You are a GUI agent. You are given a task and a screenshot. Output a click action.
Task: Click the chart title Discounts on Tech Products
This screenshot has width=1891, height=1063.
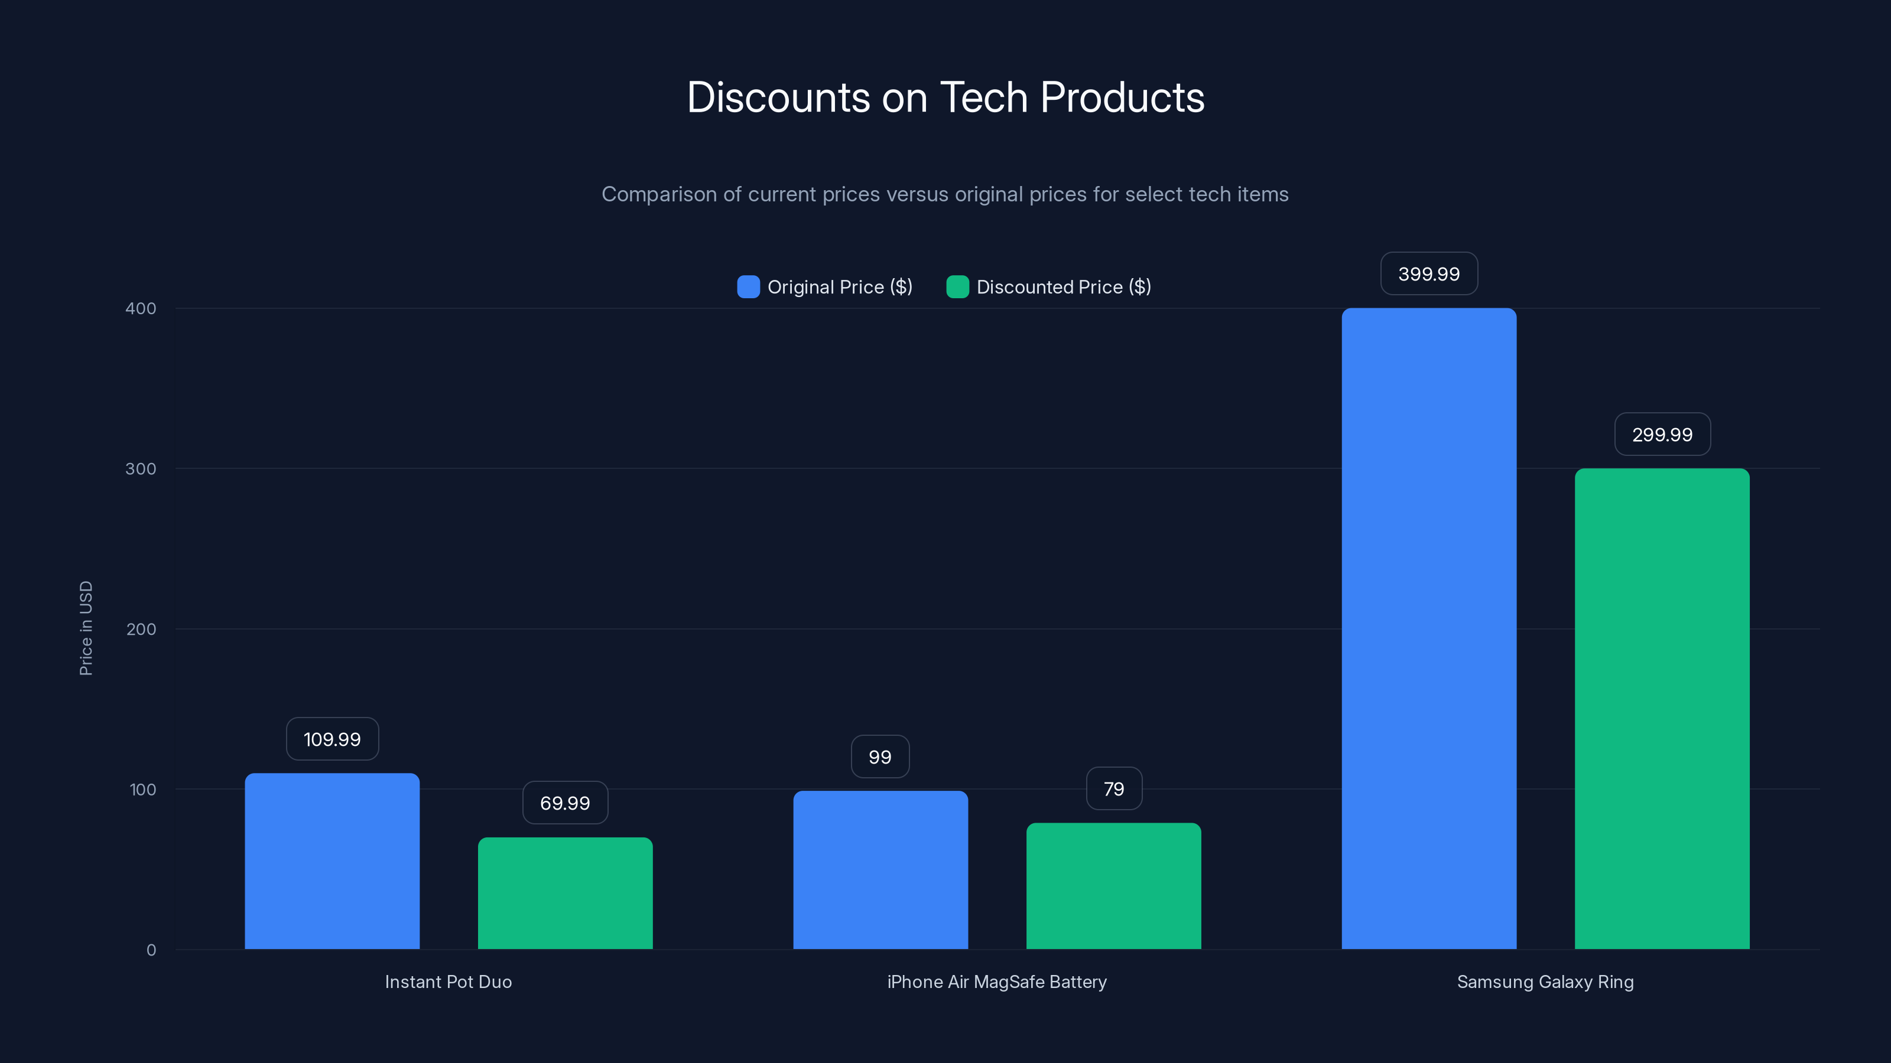tap(945, 97)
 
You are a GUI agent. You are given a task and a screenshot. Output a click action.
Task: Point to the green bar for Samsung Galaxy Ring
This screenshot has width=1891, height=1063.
tap(1661, 708)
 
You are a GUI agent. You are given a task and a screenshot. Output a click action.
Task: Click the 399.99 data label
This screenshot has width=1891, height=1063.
tap(1428, 273)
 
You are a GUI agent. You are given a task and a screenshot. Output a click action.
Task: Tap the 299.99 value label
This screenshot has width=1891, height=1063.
tap(1662, 434)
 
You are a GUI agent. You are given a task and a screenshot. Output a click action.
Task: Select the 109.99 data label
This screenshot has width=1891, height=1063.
tap(332, 739)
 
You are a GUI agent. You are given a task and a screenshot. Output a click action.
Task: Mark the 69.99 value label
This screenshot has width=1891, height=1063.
tap(564, 803)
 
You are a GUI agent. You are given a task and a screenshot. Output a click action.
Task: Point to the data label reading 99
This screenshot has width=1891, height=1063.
tap(879, 757)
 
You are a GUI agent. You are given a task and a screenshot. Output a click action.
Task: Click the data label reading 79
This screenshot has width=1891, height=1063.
tap(1113, 788)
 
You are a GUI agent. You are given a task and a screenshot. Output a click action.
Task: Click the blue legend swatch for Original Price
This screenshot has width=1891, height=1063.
tap(748, 287)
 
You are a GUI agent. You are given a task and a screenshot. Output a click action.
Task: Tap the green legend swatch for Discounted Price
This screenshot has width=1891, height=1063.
tap(957, 287)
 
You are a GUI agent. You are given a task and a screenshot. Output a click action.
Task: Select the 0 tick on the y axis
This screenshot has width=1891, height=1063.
tap(151, 950)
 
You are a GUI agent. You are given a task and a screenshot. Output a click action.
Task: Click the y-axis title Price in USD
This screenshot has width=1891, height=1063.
tap(86, 628)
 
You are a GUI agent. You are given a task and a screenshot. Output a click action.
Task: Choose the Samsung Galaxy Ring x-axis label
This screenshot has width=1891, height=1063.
tap(1545, 982)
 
